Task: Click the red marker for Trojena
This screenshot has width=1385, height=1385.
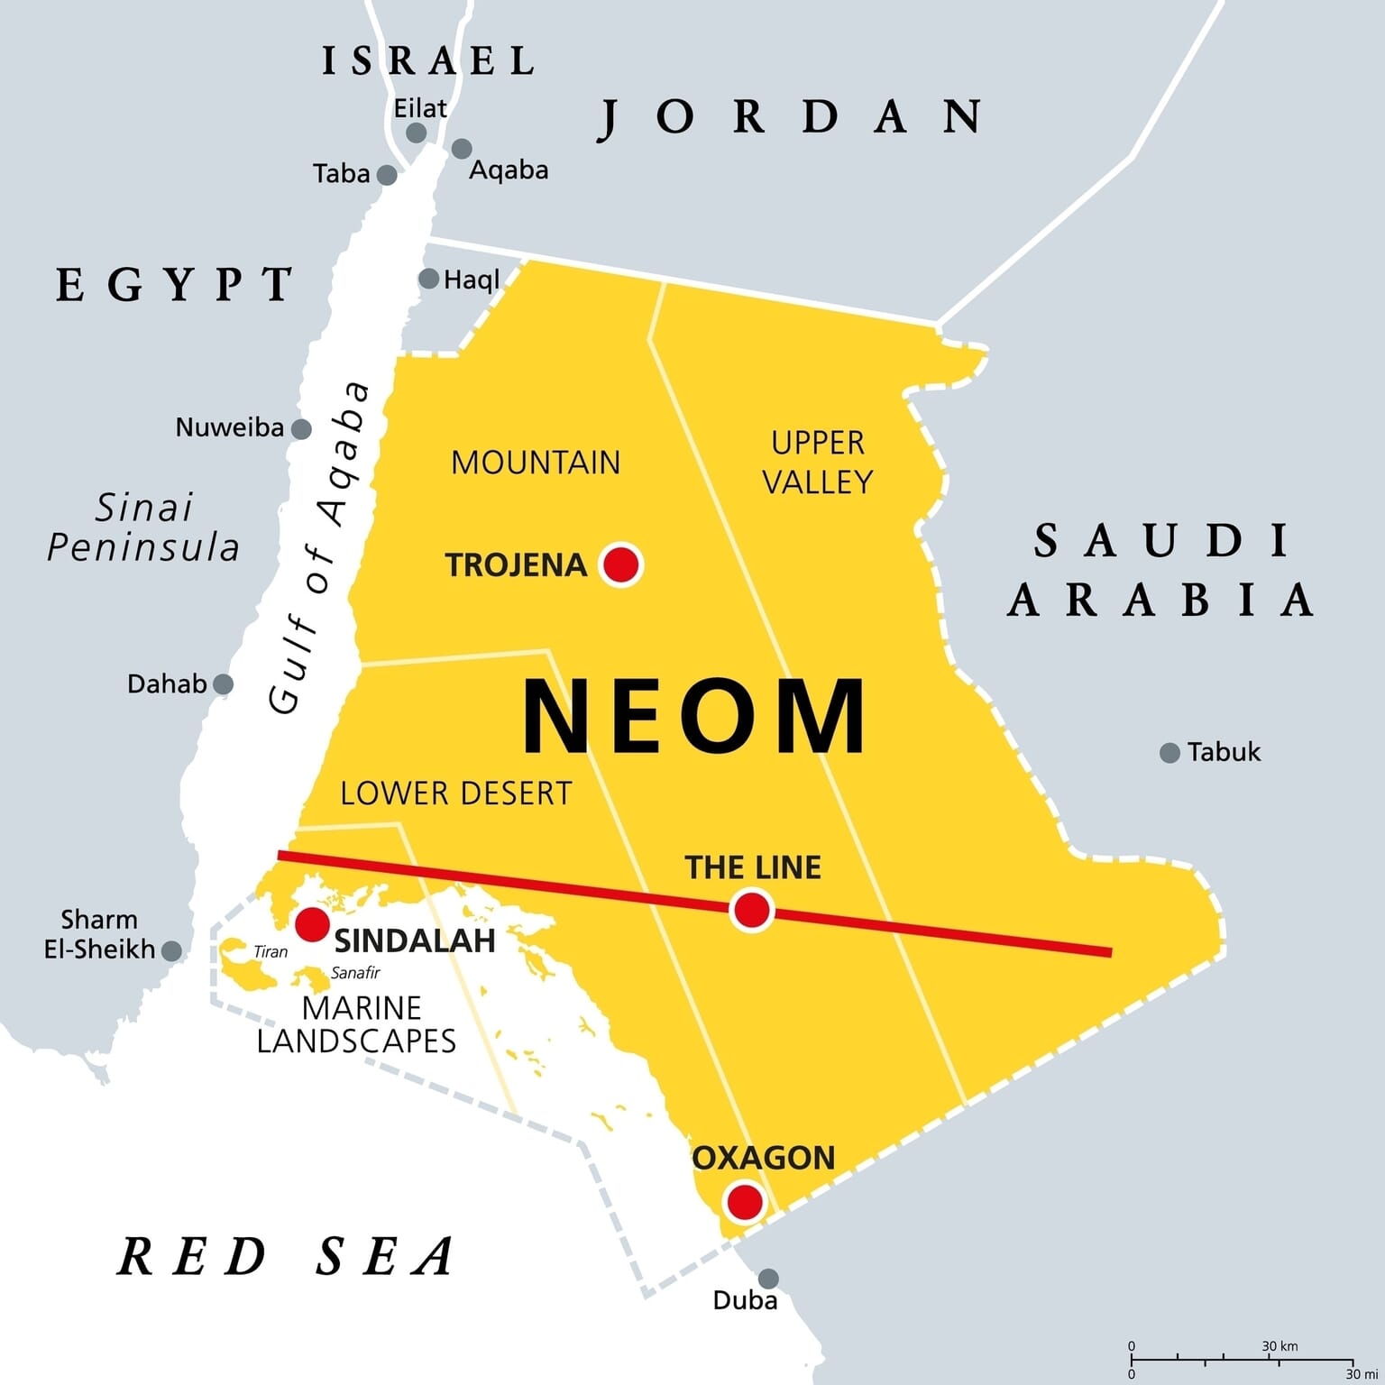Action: [x=620, y=565]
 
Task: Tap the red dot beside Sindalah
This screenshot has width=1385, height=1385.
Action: [x=312, y=924]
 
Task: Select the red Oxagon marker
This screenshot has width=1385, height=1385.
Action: [x=745, y=1202]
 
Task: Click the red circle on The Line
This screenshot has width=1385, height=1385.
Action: [x=752, y=910]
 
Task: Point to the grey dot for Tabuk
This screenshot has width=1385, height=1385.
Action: [x=1169, y=753]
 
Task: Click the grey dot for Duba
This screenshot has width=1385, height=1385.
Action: [x=768, y=1279]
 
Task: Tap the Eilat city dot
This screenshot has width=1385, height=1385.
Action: [x=416, y=133]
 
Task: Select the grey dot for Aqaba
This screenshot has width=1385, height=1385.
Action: [x=462, y=149]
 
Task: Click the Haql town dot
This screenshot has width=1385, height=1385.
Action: [x=429, y=279]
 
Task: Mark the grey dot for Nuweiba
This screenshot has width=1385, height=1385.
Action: [x=301, y=429]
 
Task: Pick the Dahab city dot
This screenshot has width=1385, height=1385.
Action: [x=223, y=684]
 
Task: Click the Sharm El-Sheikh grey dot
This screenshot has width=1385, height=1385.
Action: [x=171, y=950]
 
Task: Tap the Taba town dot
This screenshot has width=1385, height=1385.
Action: [x=387, y=175]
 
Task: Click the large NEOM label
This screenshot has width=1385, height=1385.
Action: [x=694, y=717]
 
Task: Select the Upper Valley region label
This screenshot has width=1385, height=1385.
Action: [x=818, y=463]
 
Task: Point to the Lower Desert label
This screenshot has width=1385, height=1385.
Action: [x=456, y=793]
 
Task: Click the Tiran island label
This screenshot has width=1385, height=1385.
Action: [x=271, y=952]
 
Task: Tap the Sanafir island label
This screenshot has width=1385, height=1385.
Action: [x=355, y=973]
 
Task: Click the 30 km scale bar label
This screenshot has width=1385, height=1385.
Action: [x=1280, y=1346]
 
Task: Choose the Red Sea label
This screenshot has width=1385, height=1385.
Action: [x=287, y=1256]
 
